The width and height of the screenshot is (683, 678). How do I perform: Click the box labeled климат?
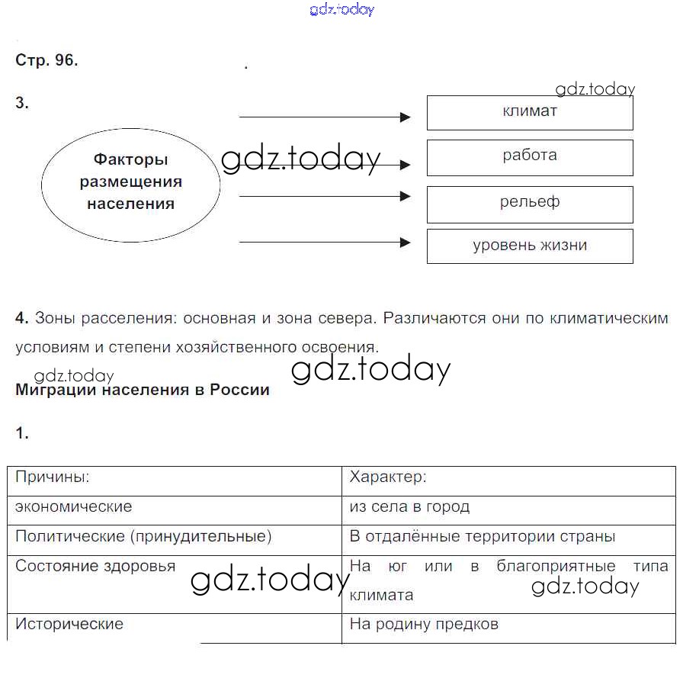(x=530, y=112)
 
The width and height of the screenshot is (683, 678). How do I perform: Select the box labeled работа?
(x=530, y=157)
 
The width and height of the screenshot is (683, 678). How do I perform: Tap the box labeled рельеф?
(x=530, y=204)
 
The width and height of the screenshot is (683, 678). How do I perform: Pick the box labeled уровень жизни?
(x=530, y=246)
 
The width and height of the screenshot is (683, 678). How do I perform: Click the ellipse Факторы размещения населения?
(x=130, y=182)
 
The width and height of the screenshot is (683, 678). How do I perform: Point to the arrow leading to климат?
(x=325, y=117)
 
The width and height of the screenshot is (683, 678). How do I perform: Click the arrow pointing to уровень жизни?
(x=325, y=243)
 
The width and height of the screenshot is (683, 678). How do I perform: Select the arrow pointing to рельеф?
(x=325, y=196)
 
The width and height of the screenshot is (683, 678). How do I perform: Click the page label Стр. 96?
(x=46, y=61)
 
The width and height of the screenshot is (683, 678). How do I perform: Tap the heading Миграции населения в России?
(x=143, y=390)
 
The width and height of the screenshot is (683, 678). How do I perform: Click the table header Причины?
(x=53, y=478)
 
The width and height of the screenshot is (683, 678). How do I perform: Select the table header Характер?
(x=388, y=478)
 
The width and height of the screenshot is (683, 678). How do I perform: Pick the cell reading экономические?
(x=74, y=507)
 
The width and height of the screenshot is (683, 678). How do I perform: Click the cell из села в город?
(x=409, y=507)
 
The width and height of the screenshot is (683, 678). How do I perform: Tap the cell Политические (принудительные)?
(x=143, y=537)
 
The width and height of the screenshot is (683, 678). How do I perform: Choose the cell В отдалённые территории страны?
(x=482, y=537)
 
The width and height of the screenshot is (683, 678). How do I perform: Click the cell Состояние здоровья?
(x=95, y=567)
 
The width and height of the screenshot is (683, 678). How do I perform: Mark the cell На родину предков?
(x=424, y=625)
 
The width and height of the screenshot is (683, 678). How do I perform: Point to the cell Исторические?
(x=69, y=625)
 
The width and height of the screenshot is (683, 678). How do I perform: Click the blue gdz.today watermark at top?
(x=342, y=10)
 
